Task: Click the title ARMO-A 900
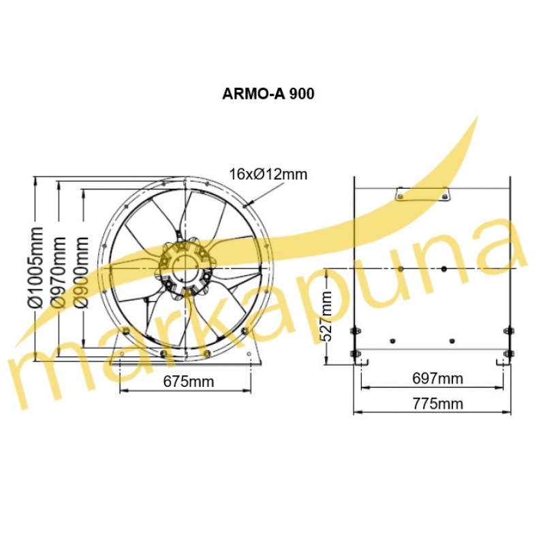point(268,94)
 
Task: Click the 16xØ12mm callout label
point(268,174)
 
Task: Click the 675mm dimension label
point(189,381)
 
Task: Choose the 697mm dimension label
point(437,379)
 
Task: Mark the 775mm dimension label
point(437,404)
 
